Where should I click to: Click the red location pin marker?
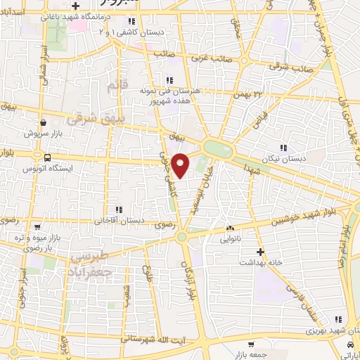coord(181,165)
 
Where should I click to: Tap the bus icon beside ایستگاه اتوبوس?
coord(46,157)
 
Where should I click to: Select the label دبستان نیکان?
coord(283,159)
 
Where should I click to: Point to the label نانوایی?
coord(230,238)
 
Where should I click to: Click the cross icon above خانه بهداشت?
coord(260,251)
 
